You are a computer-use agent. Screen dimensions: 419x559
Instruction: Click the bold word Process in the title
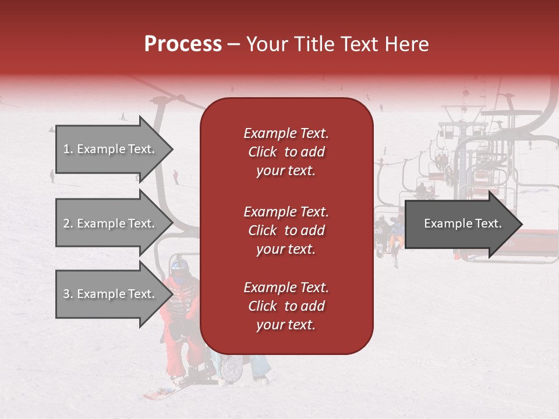pos(183,44)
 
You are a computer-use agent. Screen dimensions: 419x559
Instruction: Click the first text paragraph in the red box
pos(286,152)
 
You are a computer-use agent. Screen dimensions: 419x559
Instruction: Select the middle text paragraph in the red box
pos(286,230)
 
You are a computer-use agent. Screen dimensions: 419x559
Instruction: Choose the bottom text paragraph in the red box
pos(286,306)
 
